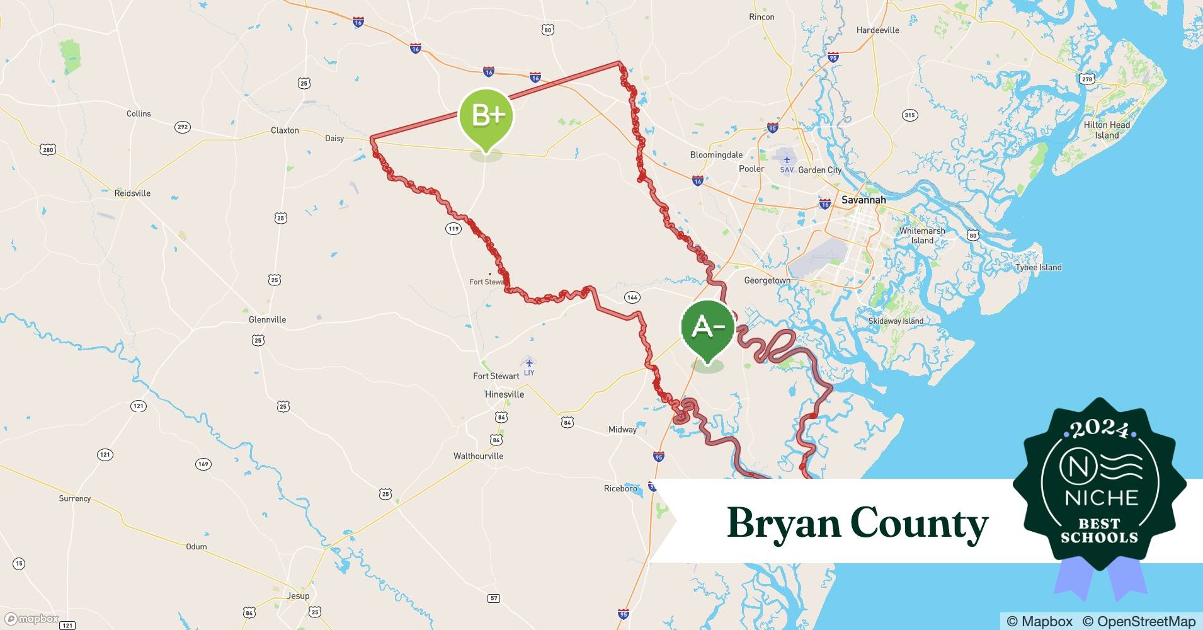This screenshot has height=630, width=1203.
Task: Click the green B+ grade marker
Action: coord(486,117)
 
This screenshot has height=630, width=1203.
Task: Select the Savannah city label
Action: coord(863,200)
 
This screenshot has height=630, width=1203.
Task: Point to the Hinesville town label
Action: coord(504,394)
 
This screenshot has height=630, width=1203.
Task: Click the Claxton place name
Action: coord(285,130)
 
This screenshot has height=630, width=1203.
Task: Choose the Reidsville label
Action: coord(132,193)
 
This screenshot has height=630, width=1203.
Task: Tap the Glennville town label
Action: coord(267,319)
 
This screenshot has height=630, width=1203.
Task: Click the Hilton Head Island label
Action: coord(1107,130)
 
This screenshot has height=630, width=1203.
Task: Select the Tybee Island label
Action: coord(1038,267)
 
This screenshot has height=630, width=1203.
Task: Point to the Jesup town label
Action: coord(298,595)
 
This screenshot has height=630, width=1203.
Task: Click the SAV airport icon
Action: coord(787,160)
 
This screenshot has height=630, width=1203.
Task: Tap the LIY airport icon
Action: coord(529,362)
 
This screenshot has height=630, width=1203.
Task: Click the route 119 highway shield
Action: coord(453,229)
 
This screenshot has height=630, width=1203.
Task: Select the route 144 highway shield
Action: coord(632,297)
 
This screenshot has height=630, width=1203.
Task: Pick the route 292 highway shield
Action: coord(182,127)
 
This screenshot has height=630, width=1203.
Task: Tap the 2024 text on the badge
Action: coord(1100,430)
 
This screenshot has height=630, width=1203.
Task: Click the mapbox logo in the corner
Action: coord(31,619)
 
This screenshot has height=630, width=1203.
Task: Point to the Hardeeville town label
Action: coord(877,30)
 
